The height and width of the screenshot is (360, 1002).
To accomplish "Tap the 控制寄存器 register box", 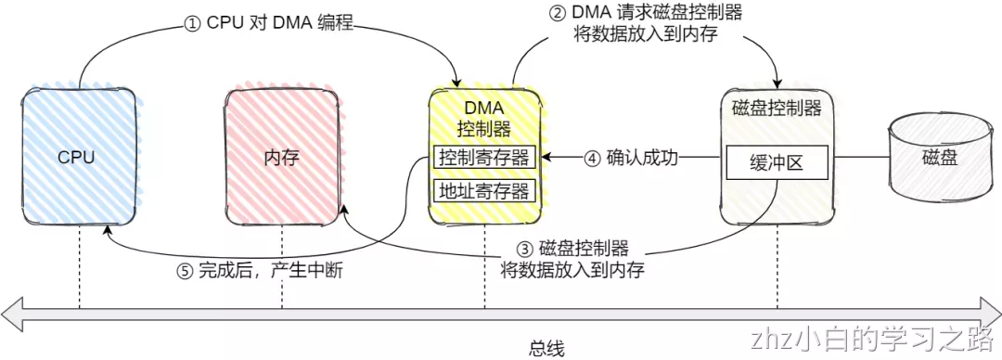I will pos(484,158).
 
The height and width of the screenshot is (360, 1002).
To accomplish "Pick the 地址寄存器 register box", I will pos(484,191).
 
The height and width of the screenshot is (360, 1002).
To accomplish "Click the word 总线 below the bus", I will pos(546,348).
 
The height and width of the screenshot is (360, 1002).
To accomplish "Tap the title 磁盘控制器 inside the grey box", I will pos(776,109).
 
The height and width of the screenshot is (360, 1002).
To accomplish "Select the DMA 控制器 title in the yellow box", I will pos(483,118).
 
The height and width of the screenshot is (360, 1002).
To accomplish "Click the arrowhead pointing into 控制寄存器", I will pos(546,158).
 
